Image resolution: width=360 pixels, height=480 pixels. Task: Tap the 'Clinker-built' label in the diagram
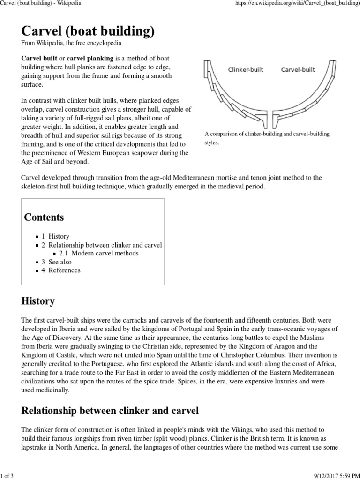246,70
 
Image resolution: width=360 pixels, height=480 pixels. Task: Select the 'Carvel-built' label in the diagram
298,70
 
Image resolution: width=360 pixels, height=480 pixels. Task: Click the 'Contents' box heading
44,217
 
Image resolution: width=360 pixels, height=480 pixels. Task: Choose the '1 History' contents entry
55,237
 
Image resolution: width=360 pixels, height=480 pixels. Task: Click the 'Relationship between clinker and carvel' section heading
110,411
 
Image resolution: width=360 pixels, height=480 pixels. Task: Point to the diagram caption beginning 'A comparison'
267,138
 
